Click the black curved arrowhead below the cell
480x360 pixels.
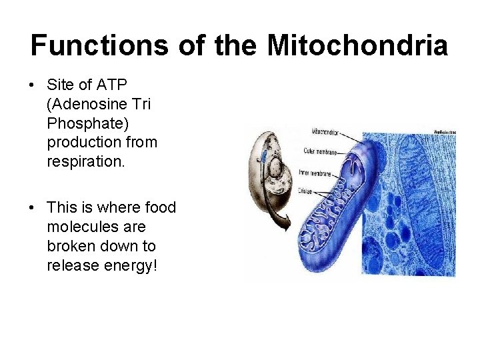click(x=286, y=226)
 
